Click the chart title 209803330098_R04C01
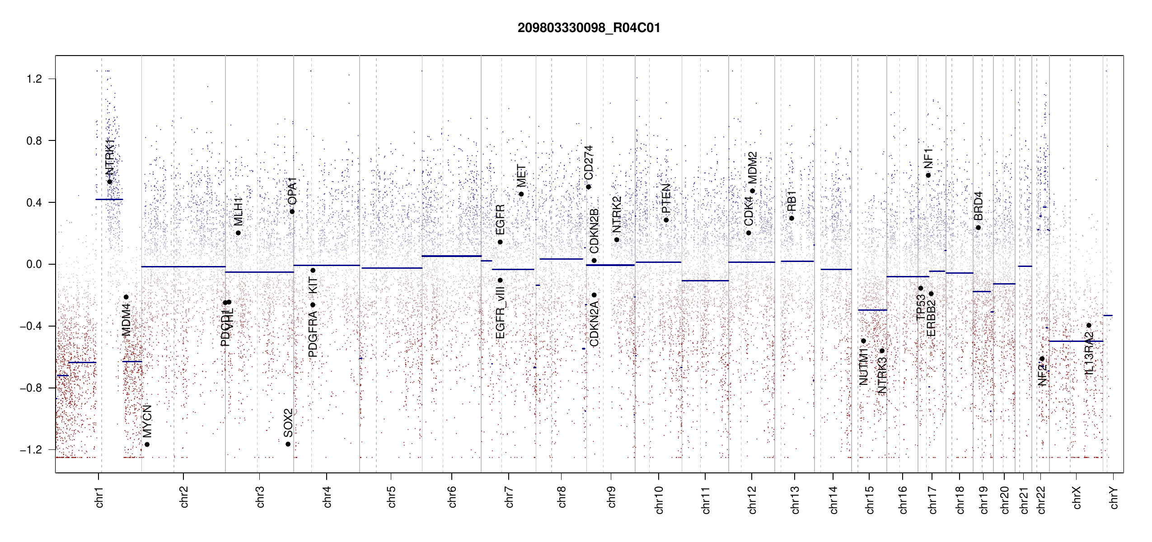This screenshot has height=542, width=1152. tap(589, 28)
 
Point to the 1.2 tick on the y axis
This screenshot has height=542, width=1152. tap(34, 79)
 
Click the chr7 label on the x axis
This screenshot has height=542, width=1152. tap(509, 497)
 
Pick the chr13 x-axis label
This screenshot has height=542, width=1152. tap(795, 500)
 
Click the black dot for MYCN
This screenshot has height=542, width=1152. tap(147, 444)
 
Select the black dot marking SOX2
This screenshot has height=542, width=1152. tap(288, 444)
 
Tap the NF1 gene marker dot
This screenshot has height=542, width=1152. tap(928, 175)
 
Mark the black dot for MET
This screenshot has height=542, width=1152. tap(521, 194)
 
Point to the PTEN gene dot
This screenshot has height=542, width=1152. tap(666, 220)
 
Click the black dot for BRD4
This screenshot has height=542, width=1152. tap(978, 228)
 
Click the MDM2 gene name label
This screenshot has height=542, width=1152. tap(752, 168)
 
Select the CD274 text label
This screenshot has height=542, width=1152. tap(588, 163)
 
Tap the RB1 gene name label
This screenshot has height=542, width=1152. tap(791, 201)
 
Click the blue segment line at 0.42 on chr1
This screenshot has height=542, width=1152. tap(109, 199)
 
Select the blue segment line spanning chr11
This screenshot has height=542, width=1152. tap(705, 280)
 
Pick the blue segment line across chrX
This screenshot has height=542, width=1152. tap(1076, 341)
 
